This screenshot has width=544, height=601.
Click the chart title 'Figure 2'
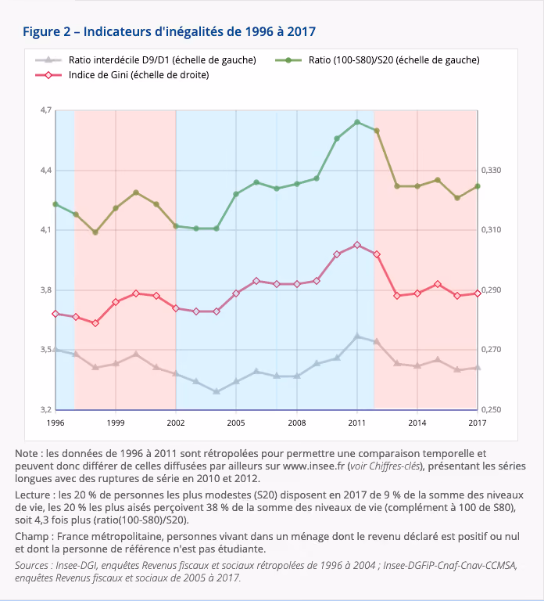(x=47, y=31)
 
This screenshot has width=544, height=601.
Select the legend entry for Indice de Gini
(x=122, y=75)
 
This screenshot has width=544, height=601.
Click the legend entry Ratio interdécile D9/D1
(x=145, y=59)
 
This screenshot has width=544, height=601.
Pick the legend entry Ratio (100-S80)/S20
(x=378, y=59)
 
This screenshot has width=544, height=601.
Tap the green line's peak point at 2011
(x=357, y=122)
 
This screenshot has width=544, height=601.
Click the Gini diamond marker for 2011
(x=357, y=245)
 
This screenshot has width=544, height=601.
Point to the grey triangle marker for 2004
(x=217, y=391)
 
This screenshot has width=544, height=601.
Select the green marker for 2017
(x=478, y=186)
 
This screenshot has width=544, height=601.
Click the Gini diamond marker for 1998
(x=95, y=323)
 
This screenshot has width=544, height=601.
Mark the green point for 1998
(x=95, y=232)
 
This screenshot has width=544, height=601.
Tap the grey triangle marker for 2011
(x=357, y=336)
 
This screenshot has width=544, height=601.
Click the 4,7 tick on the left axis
(x=46, y=110)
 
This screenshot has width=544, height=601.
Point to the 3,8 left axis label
(x=46, y=290)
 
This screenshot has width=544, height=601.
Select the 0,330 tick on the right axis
(x=491, y=170)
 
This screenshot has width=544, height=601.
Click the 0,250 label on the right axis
(x=491, y=410)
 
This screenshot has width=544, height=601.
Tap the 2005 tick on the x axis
(x=236, y=423)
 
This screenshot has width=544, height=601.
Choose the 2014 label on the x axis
(x=417, y=423)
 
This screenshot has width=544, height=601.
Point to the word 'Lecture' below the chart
(x=33, y=495)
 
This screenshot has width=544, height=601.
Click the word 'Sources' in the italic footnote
(x=31, y=565)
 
